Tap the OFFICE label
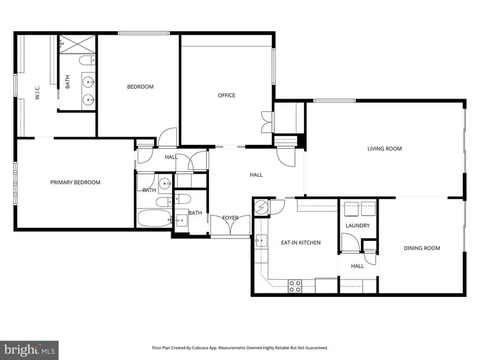tap(226, 95)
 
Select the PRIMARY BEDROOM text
tap(75, 182)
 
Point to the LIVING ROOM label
tap(384, 149)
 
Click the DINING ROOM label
tap(421, 248)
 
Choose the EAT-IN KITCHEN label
tap(301, 243)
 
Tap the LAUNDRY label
tap(357, 226)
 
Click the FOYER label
tap(230, 218)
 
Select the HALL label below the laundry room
tap(357, 266)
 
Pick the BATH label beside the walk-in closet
tap(68, 83)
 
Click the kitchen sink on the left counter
tap(261, 241)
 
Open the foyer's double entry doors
tap(230, 226)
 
